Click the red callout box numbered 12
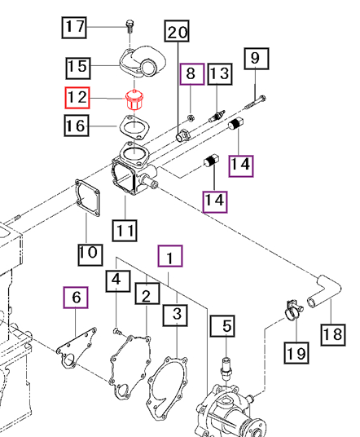[77, 98]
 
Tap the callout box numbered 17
[74, 28]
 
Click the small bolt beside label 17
[130, 26]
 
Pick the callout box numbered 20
[177, 31]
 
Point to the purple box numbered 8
[192, 74]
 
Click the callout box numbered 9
[257, 59]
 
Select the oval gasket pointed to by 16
[134, 127]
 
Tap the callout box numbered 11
[125, 231]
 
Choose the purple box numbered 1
[170, 256]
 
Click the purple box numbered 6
[76, 298]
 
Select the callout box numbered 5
[222, 326]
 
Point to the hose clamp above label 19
[293, 311]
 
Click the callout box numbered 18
[333, 335]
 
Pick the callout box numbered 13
[220, 74]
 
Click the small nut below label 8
[191, 118]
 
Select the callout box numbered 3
[175, 316]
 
